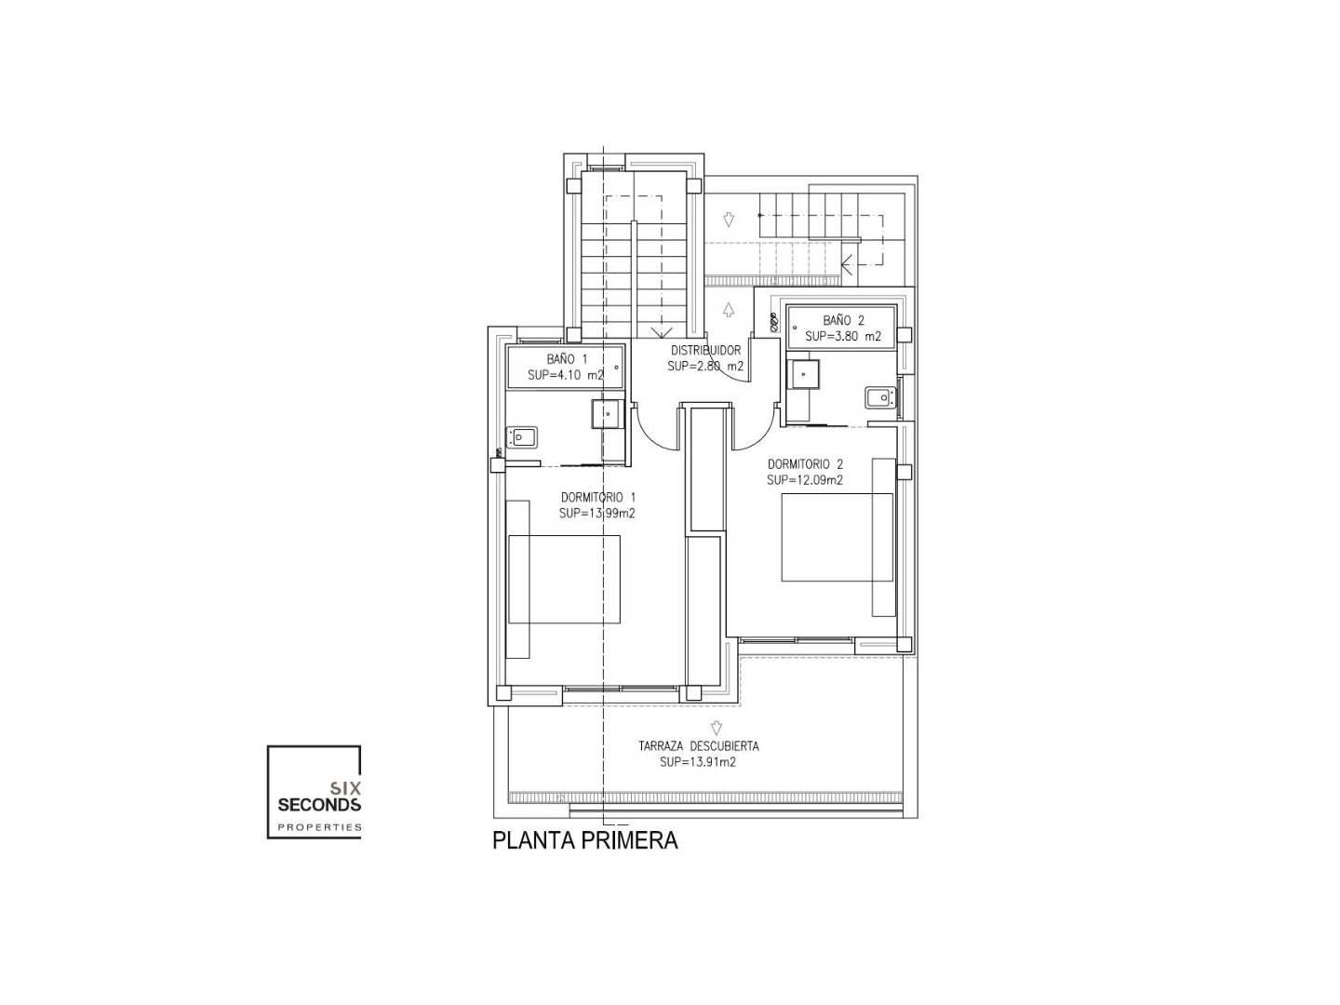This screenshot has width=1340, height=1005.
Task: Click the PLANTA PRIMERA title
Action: (584, 840)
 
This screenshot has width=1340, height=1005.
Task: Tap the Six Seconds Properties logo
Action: (315, 791)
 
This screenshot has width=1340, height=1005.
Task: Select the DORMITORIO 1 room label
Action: (597, 497)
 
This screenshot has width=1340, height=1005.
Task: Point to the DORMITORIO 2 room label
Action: (805, 464)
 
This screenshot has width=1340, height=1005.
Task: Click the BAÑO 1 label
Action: (566, 359)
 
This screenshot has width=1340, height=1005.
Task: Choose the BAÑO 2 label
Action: (843, 320)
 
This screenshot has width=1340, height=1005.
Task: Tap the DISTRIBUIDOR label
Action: (705, 350)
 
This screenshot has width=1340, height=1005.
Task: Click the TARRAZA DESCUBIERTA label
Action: (699, 745)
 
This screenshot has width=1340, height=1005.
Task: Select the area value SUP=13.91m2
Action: (698, 762)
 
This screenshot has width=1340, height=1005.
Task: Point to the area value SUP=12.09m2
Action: (805, 480)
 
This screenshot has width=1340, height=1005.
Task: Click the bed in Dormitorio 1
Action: (564, 579)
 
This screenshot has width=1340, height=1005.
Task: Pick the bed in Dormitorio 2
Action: (837, 537)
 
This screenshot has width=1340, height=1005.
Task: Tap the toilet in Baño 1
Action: (521, 437)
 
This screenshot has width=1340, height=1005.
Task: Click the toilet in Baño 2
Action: (881, 397)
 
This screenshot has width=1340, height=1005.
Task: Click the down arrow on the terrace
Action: (717, 728)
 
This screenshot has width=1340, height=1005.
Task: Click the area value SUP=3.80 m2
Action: (842, 336)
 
